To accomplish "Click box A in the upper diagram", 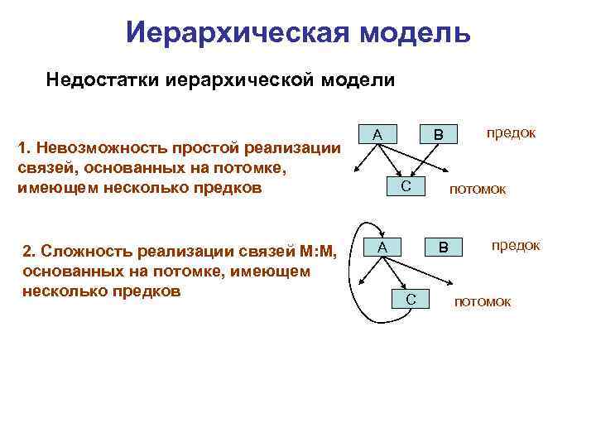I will (377, 134).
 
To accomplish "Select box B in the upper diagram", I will (440, 134).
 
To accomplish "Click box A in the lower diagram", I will (382, 247).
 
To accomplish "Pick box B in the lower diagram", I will (443, 247).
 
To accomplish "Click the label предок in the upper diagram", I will (511, 132).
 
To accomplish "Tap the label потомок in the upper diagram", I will (477, 190).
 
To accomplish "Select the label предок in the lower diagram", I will (516, 245).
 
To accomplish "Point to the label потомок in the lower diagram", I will (483, 301).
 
